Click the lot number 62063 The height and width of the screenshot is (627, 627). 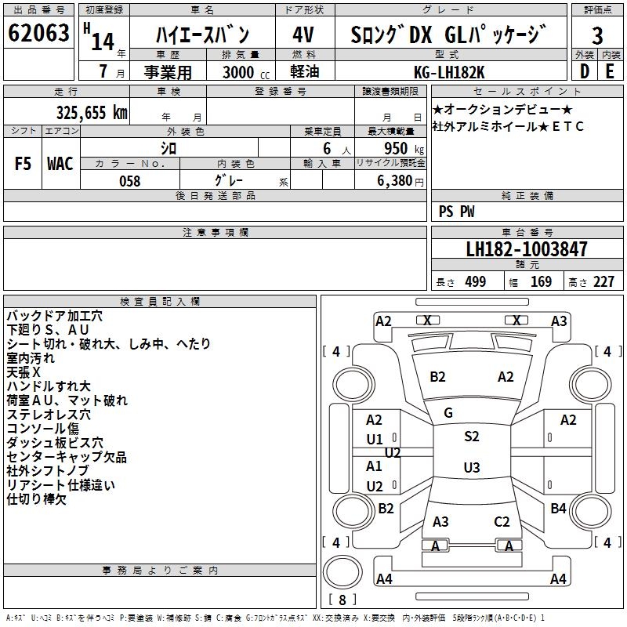[x=38, y=34]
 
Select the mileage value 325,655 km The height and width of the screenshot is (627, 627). [x=92, y=112]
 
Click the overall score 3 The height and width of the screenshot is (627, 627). [x=597, y=35]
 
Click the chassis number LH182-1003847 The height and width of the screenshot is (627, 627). [x=526, y=250]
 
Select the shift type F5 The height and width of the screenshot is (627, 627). [x=23, y=163]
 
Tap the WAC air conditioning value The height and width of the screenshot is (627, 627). [x=60, y=163]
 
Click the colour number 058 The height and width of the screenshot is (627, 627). [x=129, y=181]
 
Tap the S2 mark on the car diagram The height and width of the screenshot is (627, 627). [x=471, y=437]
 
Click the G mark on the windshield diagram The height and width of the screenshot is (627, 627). [x=448, y=413]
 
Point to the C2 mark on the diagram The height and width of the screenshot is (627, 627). [x=502, y=521]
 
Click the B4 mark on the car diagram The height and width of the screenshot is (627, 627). [x=558, y=509]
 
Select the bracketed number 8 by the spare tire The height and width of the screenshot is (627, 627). [x=342, y=600]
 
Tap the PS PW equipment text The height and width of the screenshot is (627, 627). [x=456, y=212]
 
